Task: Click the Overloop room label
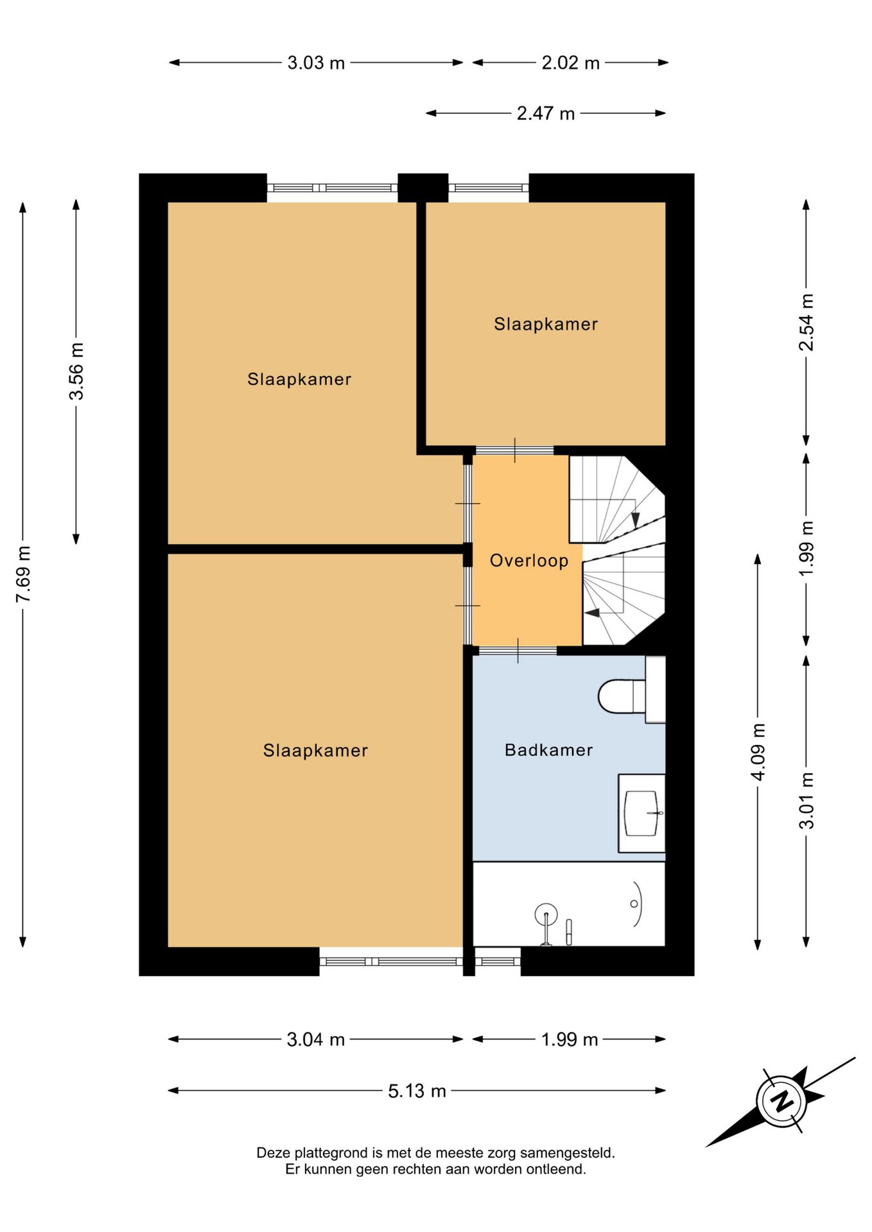(528, 561)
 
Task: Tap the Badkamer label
(548, 750)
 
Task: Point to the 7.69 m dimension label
(24, 574)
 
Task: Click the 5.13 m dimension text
(417, 1091)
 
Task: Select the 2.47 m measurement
(546, 114)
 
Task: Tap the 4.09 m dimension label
(758, 751)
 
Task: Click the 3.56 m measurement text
(76, 372)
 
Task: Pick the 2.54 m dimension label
(807, 322)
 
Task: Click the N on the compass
(782, 1102)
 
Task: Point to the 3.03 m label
(316, 63)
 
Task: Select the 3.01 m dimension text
(807, 800)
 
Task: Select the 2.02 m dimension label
(570, 63)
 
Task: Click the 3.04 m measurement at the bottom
(316, 1039)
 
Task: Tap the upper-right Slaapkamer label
(546, 324)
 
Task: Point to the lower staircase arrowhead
(592, 613)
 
